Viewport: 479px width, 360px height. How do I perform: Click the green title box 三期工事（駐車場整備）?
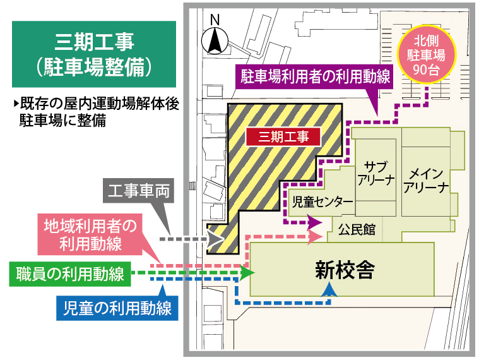coord(95,54)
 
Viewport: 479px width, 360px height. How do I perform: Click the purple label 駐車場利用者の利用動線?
coord(316,76)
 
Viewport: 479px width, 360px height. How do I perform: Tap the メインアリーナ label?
coord(427,179)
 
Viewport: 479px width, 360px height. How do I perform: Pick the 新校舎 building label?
coord(345,270)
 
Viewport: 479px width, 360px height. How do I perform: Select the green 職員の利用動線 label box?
coord(69,273)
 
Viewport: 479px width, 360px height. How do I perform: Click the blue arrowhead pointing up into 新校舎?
coord(328,290)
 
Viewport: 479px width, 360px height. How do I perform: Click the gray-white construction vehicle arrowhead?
coord(216,239)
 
